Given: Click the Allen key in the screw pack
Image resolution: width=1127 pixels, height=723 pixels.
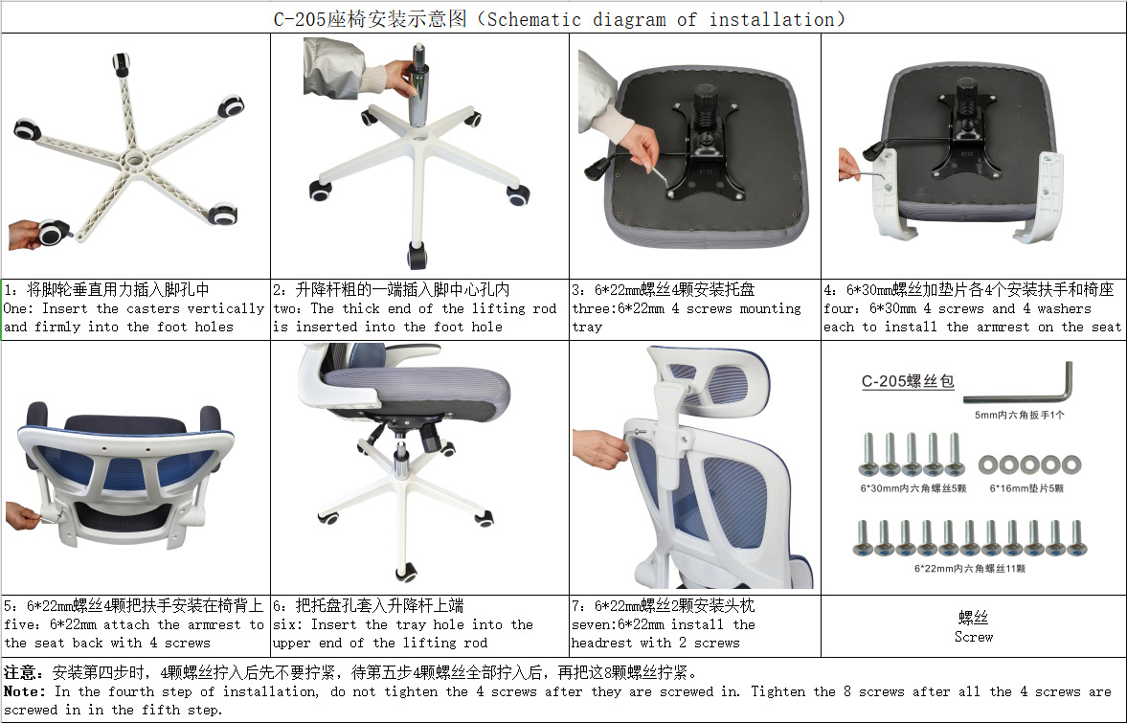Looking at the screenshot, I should click(1018, 389).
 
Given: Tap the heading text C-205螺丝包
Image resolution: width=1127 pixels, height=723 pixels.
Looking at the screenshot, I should click(908, 381).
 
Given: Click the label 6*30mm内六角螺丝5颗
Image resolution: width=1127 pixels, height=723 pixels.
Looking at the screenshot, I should click(913, 488).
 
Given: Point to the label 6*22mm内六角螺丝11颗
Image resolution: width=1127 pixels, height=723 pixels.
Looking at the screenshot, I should click(969, 569).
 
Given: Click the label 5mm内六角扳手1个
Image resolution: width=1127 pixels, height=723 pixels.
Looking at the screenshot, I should click(1018, 415).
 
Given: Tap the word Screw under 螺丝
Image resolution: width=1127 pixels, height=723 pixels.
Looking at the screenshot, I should click(973, 637).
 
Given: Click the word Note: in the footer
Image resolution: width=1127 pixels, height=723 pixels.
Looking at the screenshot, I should click(25, 691).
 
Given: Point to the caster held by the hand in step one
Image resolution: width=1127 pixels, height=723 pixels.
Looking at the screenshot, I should click(56, 232).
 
